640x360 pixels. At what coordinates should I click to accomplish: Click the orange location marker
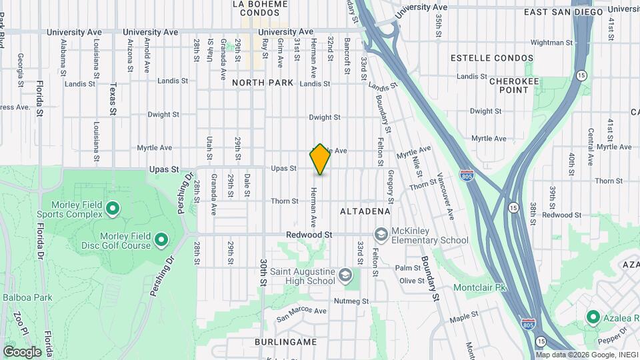(x=320, y=159)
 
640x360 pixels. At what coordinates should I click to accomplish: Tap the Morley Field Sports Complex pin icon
(x=113, y=209)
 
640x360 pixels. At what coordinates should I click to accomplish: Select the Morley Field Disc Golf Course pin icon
(x=161, y=239)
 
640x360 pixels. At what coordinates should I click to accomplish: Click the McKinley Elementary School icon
(x=381, y=235)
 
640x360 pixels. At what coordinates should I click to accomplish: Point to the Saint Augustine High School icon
(x=345, y=275)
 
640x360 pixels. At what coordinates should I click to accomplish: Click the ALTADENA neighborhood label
(x=365, y=211)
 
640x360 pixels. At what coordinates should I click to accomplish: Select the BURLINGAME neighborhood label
(x=285, y=341)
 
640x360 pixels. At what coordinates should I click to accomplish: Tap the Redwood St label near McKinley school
(x=309, y=235)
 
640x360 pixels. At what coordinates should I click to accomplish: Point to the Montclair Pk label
(x=481, y=287)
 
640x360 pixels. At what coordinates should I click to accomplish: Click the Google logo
(x=22, y=352)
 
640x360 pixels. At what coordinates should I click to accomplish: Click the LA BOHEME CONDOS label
(x=260, y=8)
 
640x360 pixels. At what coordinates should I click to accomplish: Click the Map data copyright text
(x=586, y=355)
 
